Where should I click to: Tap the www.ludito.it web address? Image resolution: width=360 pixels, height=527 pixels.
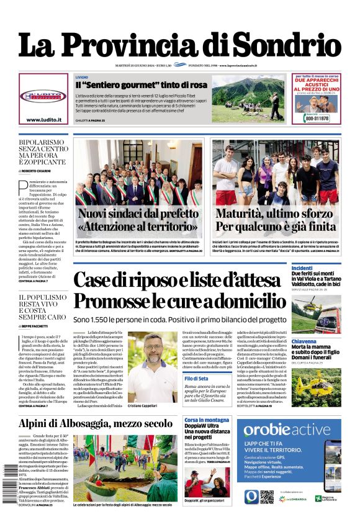pos(43,119)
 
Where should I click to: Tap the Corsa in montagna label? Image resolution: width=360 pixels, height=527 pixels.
pos(207,420)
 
